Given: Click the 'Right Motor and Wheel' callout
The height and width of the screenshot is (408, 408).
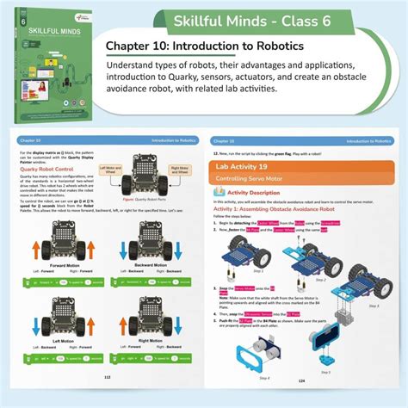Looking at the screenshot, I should pyautogui.click(x=179, y=170).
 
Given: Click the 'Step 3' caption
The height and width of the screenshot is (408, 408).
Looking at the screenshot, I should pyautogui.click(x=372, y=304).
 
